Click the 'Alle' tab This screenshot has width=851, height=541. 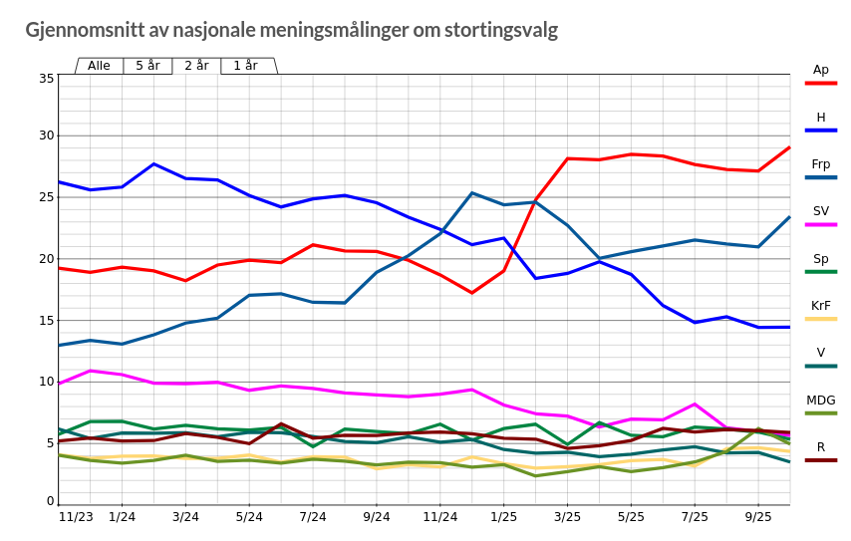99,66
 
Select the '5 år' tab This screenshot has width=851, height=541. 147,66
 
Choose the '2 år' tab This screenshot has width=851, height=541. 196,66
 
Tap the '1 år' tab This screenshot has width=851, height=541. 245,66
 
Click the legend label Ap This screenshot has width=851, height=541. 820,70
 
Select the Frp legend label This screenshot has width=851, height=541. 820,164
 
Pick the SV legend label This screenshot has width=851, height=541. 820,211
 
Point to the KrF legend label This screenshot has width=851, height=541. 820,306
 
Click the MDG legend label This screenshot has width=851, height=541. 820,401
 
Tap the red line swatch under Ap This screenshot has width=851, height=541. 820,83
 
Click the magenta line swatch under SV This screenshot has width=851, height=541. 820,224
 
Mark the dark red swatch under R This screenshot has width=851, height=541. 820,460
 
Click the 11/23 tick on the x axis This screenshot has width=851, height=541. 76,516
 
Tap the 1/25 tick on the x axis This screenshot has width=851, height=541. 503,516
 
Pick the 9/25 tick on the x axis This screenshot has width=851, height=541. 758,516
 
